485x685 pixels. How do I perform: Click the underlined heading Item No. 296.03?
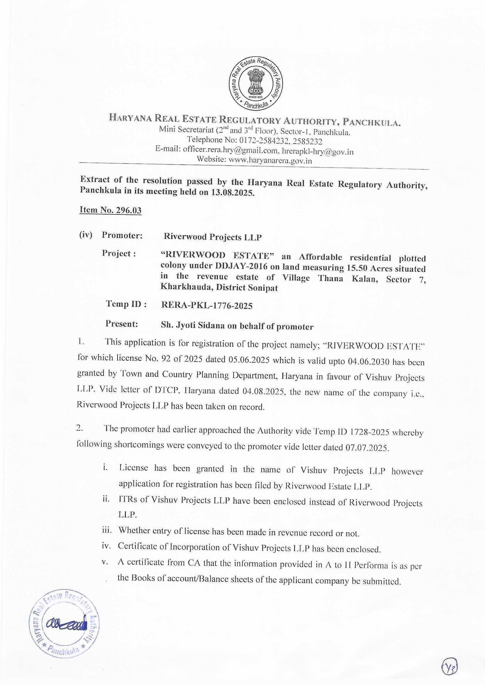click(111, 210)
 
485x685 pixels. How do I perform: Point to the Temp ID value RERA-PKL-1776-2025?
click(207, 306)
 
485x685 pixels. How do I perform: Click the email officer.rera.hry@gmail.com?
click(230, 151)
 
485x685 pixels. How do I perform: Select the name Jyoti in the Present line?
click(185, 326)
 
